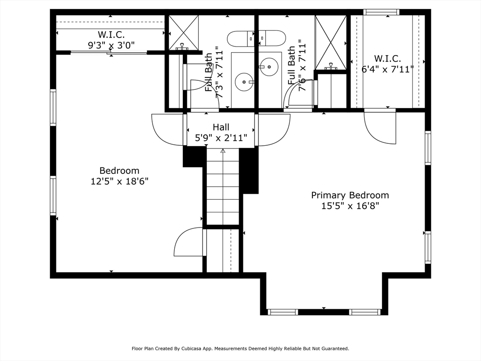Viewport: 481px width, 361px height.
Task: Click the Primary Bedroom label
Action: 350,195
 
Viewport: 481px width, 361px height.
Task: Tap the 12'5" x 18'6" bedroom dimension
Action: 119,181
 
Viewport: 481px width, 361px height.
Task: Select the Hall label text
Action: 221,127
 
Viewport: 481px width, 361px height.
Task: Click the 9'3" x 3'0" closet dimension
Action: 111,46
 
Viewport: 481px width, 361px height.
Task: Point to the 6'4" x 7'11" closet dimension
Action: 388,69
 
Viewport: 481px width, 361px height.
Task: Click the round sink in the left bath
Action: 244,82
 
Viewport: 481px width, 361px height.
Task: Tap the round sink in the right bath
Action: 269,67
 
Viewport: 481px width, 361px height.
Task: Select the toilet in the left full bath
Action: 241,39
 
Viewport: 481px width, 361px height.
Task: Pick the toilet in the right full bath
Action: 272,38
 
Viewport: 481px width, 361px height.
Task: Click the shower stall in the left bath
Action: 184,32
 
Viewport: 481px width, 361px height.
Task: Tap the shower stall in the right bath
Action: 331,42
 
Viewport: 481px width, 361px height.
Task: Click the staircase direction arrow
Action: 223,151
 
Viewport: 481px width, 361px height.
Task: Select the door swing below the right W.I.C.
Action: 380,126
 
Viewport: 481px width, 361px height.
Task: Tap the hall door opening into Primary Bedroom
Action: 272,129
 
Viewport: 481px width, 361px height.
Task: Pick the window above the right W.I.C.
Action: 381,12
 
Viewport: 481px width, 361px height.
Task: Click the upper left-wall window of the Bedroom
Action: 53,108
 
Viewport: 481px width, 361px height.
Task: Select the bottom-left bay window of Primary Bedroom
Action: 282,312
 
